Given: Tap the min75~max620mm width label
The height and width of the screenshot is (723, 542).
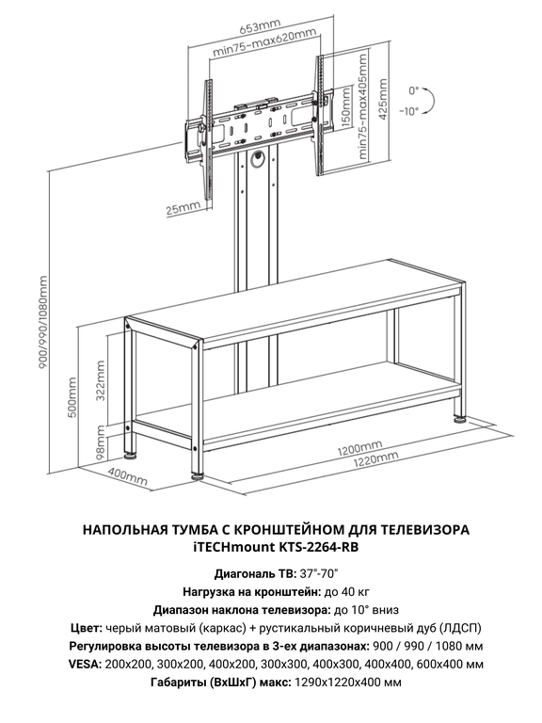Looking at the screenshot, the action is [x=264, y=43].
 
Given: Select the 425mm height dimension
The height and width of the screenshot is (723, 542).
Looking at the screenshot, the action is [x=382, y=99].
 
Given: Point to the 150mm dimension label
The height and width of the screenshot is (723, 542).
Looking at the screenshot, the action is [x=346, y=111].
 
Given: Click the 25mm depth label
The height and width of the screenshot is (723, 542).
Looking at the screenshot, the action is [x=183, y=209].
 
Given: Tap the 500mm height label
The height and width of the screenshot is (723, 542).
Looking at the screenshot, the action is [x=72, y=397].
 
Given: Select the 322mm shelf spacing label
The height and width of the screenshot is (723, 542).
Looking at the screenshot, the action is [x=101, y=381].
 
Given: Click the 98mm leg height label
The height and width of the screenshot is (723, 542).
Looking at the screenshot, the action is [x=101, y=440].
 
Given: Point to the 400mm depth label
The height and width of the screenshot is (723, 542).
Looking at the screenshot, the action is [x=128, y=475].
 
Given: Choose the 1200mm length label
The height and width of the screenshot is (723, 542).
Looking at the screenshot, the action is [x=359, y=447].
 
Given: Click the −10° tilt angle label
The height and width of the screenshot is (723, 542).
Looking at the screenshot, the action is [x=409, y=111].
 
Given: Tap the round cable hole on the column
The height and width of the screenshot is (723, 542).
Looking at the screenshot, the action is [x=257, y=158].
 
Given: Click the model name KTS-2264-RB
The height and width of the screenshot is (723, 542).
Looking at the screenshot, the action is [x=318, y=547].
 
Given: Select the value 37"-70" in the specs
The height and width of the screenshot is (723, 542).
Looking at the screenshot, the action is [x=319, y=574].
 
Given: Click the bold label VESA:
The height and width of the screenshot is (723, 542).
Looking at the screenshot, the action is [x=86, y=665].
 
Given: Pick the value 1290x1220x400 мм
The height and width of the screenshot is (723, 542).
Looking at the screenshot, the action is [x=347, y=683].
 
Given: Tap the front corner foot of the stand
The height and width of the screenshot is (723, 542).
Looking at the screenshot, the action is [x=199, y=475].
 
